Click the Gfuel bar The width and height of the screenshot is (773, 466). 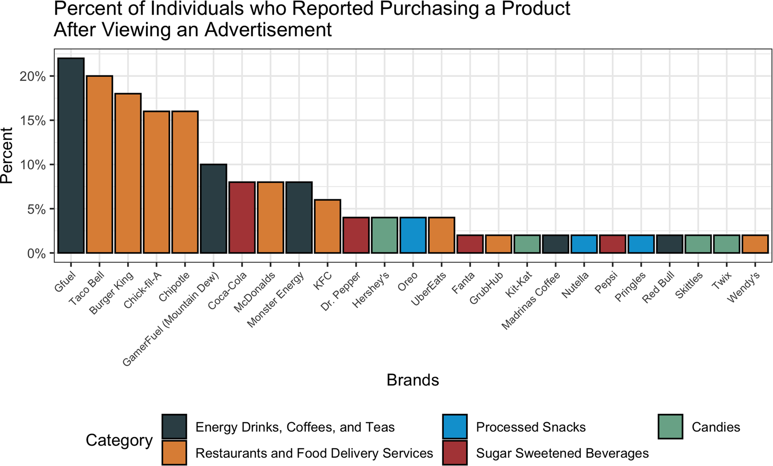point(71,155)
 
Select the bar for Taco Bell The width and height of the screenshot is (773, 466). point(99,164)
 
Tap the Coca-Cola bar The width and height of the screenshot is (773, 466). point(242,217)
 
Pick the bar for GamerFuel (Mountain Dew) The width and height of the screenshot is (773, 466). point(213,208)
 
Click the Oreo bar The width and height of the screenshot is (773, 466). point(413,235)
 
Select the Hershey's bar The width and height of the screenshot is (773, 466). point(384,235)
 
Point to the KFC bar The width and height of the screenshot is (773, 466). point(327,226)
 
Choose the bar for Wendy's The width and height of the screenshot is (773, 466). point(755,244)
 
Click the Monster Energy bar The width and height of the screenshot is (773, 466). point(299,217)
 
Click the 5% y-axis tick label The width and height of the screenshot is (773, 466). point(36,209)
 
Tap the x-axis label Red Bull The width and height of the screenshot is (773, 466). point(658,287)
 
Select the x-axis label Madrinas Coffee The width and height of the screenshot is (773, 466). point(531,301)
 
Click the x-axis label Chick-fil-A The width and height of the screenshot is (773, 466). point(143,290)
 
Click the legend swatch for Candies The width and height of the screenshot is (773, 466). point(670,427)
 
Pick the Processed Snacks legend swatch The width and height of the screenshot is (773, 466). point(455,427)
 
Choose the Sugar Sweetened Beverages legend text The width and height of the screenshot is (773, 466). point(562,453)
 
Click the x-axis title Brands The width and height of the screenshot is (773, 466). point(413,380)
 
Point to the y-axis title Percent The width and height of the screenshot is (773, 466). point(7,155)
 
